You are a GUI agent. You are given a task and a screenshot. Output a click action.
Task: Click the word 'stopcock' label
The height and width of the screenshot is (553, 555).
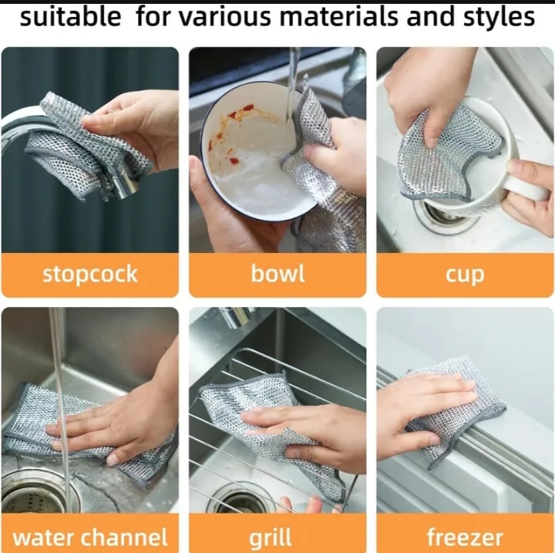pos(90,275)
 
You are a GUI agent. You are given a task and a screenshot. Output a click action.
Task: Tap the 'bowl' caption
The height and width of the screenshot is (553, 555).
pos(277,274)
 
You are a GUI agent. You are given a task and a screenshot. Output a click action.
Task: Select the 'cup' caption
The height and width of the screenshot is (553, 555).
pos(465,275)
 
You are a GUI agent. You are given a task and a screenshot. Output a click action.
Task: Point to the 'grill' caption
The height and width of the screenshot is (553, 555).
pos(271,538)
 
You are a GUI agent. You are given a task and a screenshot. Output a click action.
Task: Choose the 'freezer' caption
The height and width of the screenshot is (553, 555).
pos(465,537)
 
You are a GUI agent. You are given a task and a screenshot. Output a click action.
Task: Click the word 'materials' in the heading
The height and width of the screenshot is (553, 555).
pos(339,17)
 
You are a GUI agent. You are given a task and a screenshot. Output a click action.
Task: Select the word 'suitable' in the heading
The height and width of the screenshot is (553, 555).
pos(70,17)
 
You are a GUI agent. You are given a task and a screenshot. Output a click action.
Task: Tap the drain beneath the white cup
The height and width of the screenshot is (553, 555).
pos(442,215)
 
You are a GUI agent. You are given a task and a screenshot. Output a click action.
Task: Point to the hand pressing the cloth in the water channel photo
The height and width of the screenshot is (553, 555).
pos(124,418)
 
